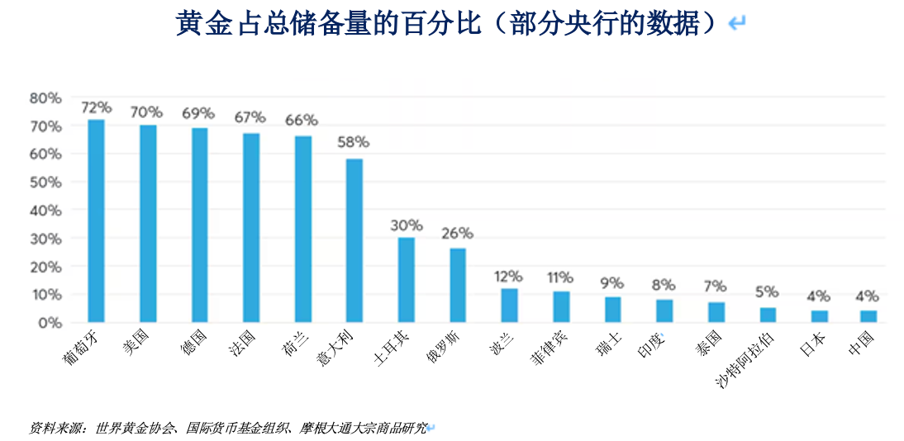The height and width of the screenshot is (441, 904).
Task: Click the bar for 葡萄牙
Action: pyautogui.click(x=97, y=220)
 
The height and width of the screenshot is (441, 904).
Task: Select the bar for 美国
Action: pyautogui.click(x=148, y=224)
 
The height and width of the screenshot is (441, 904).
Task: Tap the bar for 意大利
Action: pyautogui.click(x=354, y=240)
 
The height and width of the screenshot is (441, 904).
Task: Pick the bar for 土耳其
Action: pyautogui.click(x=406, y=280)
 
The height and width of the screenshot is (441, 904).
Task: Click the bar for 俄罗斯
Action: pyautogui.click(x=458, y=286)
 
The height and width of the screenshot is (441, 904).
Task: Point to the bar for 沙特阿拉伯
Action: pyautogui.click(x=768, y=315)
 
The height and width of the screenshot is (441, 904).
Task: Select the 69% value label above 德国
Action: pyautogui.click(x=198, y=114)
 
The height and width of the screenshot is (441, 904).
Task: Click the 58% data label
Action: pyautogui.click(x=354, y=142)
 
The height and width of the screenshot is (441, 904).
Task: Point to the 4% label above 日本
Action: pyautogui.click(x=819, y=296)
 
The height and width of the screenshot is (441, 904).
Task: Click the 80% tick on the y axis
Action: pyautogui.click(x=45, y=98)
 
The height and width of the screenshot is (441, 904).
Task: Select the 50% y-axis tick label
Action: pyautogui.click(x=45, y=183)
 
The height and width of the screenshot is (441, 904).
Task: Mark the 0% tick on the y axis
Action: pyautogui.click(x=50, y=323)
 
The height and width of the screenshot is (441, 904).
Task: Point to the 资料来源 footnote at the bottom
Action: pyautogui.click(x=229, y=429)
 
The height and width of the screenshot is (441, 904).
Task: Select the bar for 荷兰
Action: pyautogui.click(x=303, y=229)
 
